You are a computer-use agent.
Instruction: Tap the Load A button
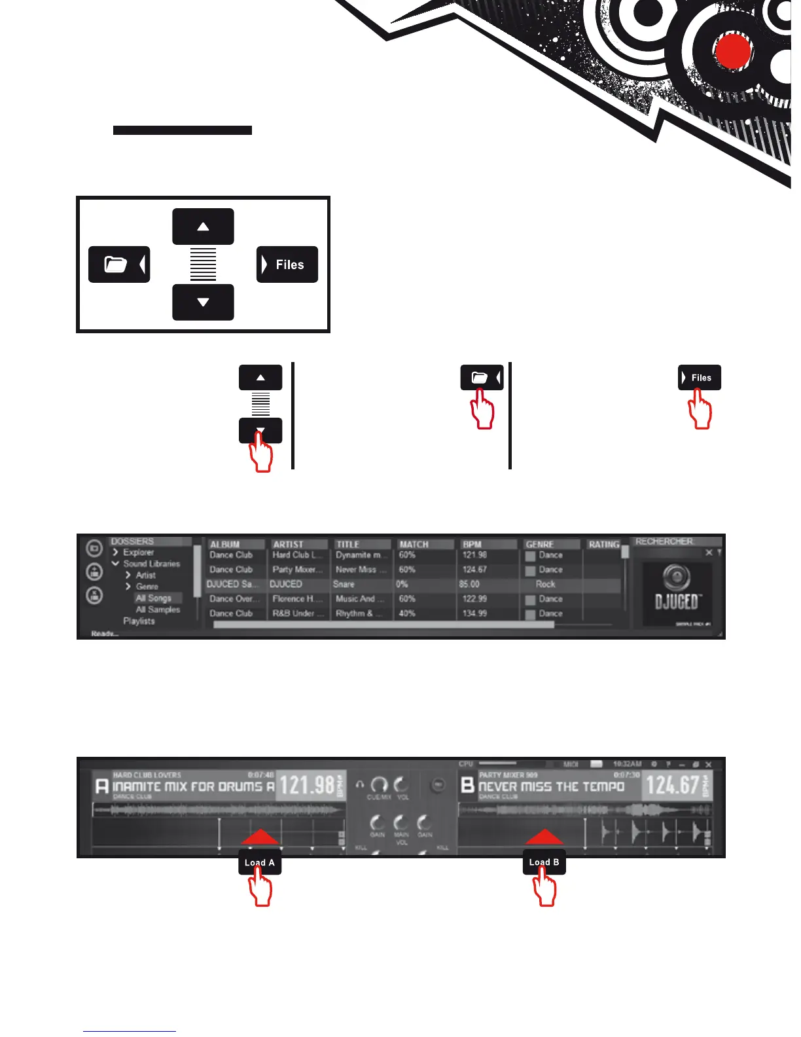260,863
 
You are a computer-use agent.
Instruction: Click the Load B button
544,863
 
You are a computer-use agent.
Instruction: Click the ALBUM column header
225,544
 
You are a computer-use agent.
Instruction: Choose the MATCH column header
414,544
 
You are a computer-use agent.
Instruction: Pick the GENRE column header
540,544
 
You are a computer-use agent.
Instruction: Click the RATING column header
603,544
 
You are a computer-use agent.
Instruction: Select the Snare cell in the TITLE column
344,584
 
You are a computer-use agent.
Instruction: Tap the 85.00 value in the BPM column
469,584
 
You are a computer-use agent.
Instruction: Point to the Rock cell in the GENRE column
545,584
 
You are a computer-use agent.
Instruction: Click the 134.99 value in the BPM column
474,613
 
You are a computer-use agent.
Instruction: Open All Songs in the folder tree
154,598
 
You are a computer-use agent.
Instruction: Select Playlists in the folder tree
139,621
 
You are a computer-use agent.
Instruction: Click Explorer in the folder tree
138,552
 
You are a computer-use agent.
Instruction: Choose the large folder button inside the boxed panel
119,264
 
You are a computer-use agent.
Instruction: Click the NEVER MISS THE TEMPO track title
551,786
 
